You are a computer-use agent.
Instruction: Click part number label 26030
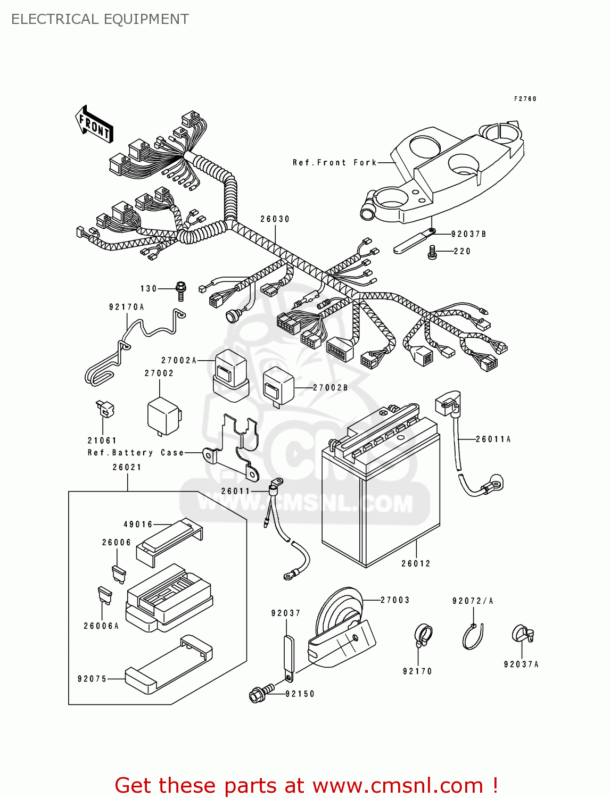tap(275, 219)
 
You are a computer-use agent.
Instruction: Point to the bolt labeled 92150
tap(261, 693)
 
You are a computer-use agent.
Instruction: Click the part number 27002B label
tap(330, 388)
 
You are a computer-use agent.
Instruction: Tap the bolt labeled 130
tap(181, 290)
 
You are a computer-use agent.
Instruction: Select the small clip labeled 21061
tap(105, 409)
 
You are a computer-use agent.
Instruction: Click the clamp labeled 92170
tap(423, 635)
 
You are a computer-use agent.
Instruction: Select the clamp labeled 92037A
tap(522, 634)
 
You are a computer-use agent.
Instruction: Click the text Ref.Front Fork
tap(334, 163)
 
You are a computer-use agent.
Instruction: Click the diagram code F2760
tap(525, 99)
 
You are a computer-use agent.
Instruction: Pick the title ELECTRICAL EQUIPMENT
tap(100, 19)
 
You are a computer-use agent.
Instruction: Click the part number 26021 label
tap(127, 467)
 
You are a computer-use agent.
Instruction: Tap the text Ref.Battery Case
tap(136, 453)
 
